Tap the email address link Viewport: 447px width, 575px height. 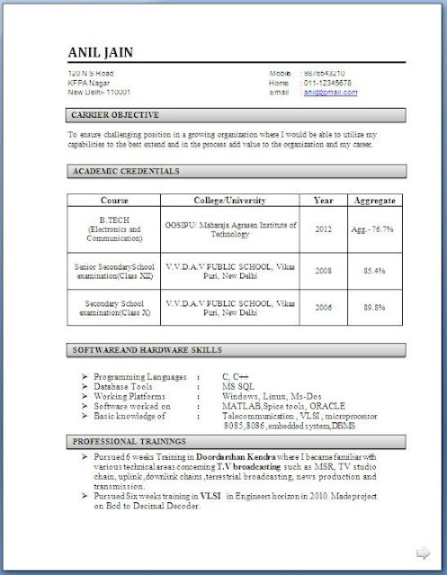tap(325, 91)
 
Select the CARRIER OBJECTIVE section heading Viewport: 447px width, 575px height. tap(115, 115)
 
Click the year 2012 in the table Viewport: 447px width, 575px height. tap(323, 229)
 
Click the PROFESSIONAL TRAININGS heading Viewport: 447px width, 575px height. tap(130, 442)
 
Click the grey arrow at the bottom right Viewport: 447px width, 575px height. tap(420, 551)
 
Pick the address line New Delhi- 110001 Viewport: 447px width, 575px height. tap(99, 91)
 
